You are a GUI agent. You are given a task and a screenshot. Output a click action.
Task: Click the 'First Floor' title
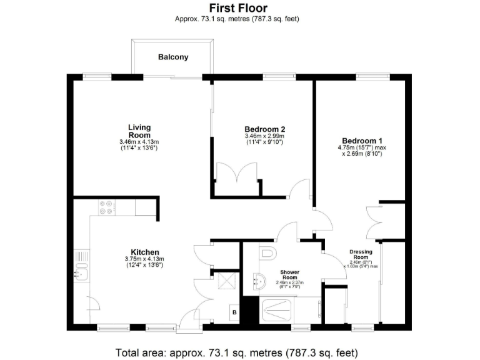(x=237, y=8)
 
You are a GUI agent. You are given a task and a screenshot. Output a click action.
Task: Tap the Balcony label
(x=172, y=57)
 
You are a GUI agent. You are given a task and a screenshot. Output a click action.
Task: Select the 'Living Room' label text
(x=139, y=131)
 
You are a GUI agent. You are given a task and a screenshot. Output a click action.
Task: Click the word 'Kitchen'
(x=144, y=252)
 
